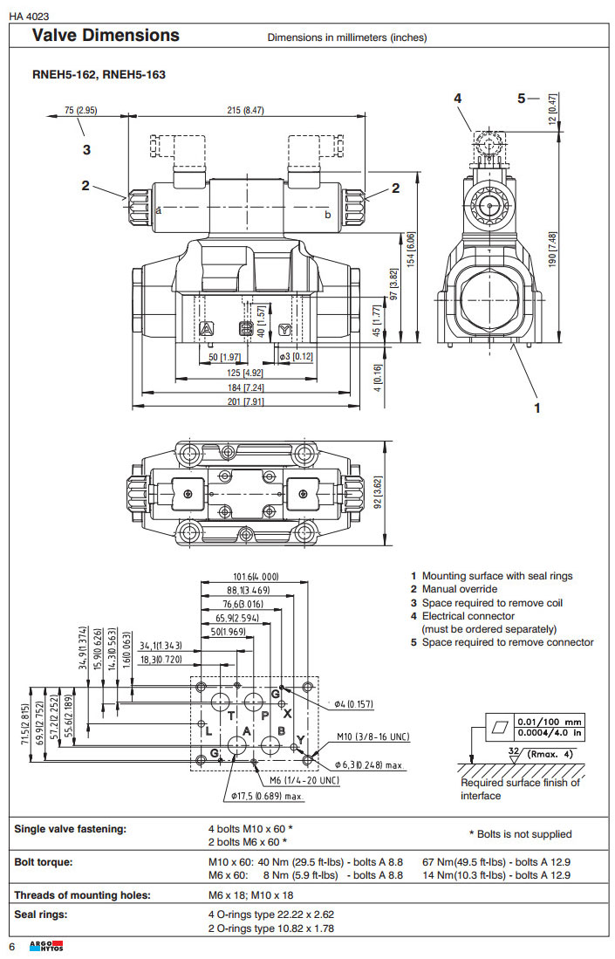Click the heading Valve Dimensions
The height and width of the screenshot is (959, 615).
click(106, 36)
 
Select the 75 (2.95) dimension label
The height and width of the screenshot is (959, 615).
click(81, 110)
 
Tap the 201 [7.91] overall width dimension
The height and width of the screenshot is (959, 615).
click(245, 401)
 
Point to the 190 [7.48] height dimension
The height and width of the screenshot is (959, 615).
click(552, 252)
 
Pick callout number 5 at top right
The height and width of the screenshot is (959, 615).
click(522, 99)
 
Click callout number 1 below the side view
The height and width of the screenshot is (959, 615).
click(537, 407)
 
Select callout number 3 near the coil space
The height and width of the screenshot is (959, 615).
click(85, 149)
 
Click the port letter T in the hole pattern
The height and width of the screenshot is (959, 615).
click(231, 715)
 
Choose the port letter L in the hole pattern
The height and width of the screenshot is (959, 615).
click(208, 729)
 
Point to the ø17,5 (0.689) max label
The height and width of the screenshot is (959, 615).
click(267, 796)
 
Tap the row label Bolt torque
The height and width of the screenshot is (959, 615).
click(44, 862)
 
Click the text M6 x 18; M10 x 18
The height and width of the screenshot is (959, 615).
click(251, 895)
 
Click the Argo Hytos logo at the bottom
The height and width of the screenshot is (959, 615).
click(46, 948)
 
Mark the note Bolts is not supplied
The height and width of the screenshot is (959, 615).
click(521, 834)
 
